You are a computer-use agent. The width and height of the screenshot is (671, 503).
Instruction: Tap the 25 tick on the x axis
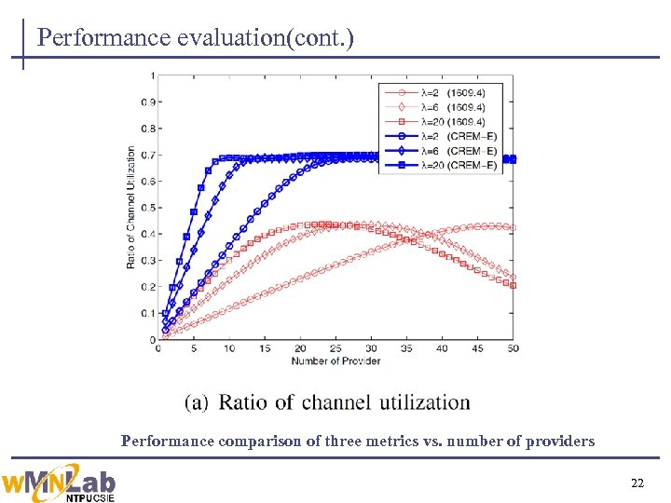(335, 349)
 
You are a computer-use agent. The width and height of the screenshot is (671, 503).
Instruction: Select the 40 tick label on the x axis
(442, 349)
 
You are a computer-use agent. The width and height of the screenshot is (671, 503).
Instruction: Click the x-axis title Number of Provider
(335, 360)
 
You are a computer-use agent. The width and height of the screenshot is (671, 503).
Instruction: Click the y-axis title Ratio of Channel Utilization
(130, 208)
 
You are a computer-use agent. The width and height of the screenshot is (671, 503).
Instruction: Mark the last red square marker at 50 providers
(513, 285)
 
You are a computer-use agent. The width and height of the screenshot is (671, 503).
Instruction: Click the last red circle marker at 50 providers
(513, 227)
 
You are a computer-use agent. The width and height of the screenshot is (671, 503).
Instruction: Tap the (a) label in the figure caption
(197, 402)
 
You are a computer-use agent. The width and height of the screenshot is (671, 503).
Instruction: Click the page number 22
(637, 482)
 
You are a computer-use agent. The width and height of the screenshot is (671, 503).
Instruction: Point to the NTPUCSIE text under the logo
(90, 497)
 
